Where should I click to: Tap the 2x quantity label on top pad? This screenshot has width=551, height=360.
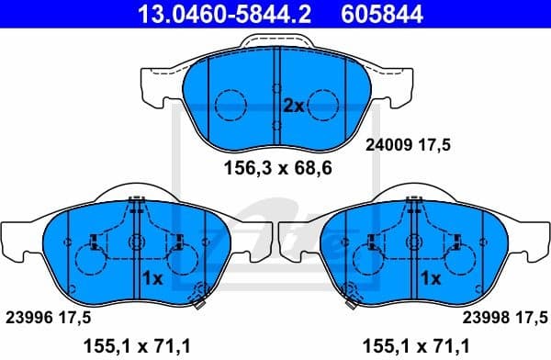[292, 106]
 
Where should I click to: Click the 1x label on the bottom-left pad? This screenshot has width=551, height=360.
[152, 276]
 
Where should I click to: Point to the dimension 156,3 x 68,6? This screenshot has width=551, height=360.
[278, 169]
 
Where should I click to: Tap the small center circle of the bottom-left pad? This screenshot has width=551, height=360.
[136, 242]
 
